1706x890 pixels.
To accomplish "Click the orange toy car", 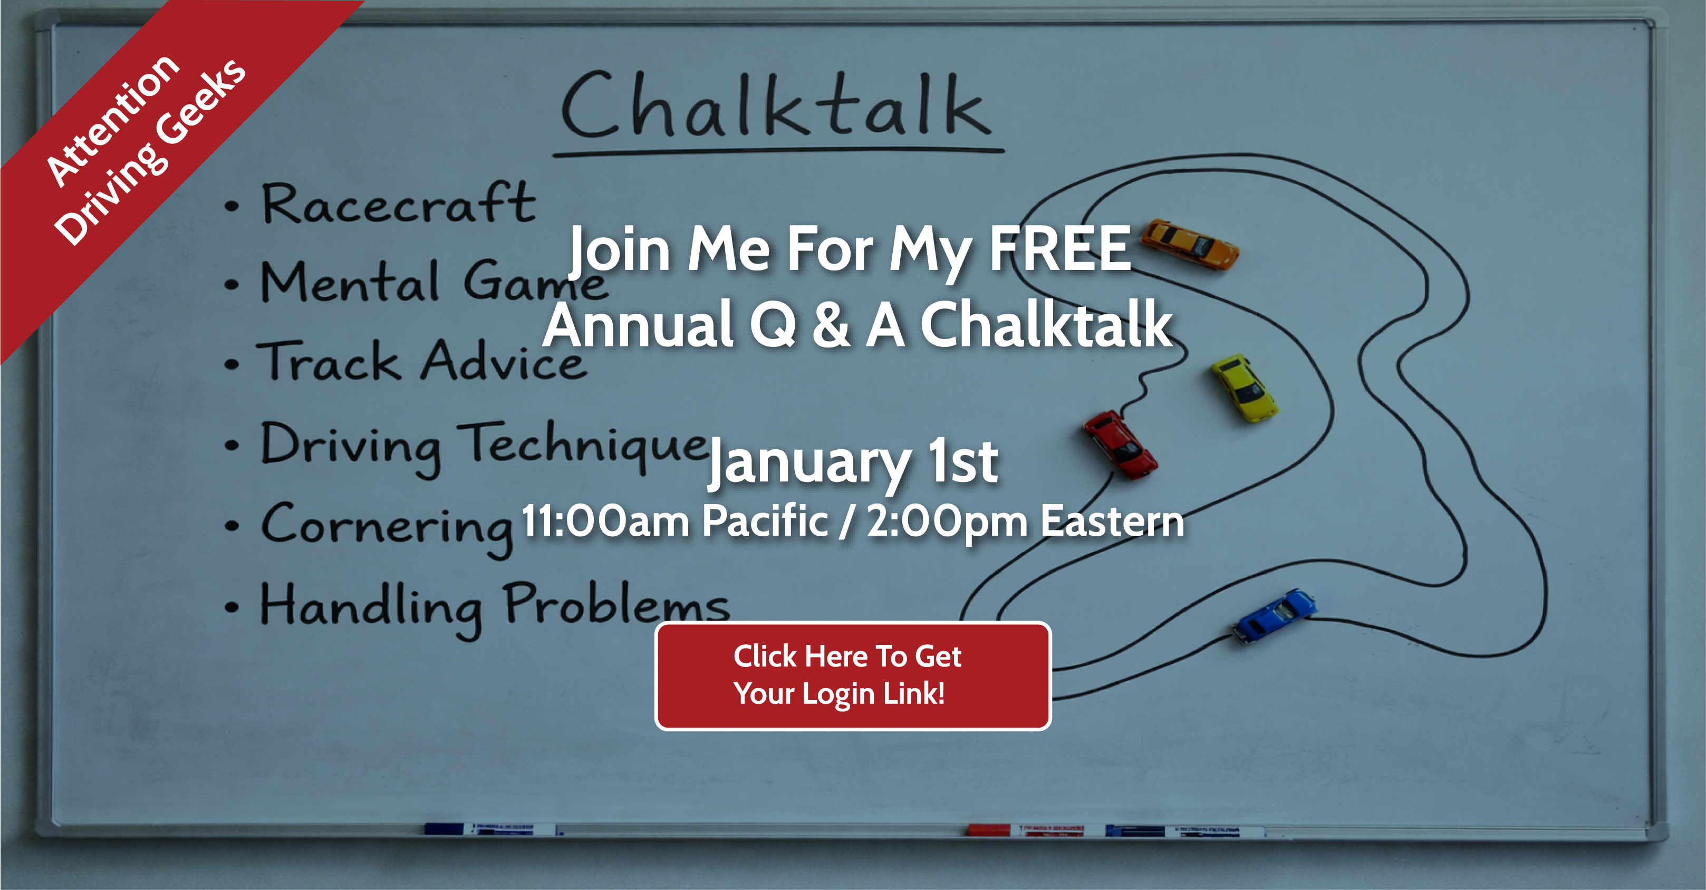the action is click(1191, 243).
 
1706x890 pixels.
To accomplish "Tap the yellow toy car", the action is click(1245, 388).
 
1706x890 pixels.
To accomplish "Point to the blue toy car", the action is click(1274, 615).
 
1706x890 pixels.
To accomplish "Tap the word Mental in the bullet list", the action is click(350, 281).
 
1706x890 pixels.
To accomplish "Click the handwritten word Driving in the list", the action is click(351, 447).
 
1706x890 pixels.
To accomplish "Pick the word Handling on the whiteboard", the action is click(371, 608).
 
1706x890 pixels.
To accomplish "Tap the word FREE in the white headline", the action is click(1059, 248).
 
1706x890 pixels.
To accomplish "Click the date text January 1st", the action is click(853, 461).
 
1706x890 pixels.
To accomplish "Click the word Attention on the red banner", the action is click(112, 121).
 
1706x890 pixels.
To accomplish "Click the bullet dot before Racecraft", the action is click(230, 206).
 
